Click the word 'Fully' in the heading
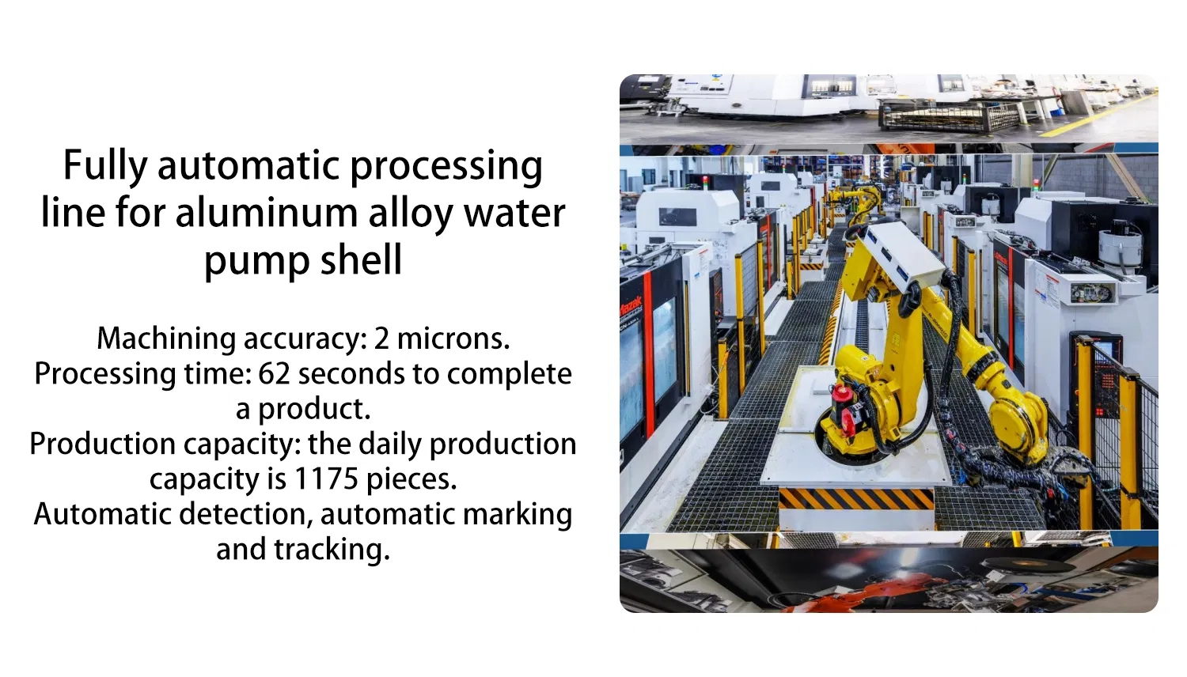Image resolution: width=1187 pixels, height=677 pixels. [104, 167]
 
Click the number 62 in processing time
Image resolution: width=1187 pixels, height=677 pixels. [274, 373]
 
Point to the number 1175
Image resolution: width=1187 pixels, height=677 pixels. [326, 479]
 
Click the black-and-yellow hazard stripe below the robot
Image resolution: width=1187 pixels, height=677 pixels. [855, 499]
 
